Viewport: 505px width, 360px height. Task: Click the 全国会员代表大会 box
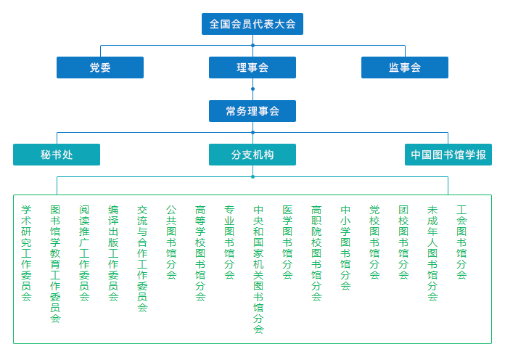tap(252, 24)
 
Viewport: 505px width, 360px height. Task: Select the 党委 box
tap(100, 67)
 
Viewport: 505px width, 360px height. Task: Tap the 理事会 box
tap(252, 67)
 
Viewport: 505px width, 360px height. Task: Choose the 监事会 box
tap(405, 67)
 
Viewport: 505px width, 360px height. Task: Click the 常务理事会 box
tap(252, 111)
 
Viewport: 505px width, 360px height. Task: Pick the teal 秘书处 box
tap(57, 155)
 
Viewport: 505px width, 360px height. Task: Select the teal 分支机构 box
tap(252, 155)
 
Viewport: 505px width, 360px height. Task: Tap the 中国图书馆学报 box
tap(448, 155)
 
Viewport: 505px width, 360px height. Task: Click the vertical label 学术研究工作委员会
tap(26, 253)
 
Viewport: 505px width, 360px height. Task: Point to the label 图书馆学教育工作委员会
tap(55, 264)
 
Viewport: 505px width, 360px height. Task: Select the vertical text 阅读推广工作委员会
tap(84, 253)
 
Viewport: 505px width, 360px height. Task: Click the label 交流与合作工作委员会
tap(142, 259)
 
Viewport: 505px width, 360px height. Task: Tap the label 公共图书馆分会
tap(171, 242)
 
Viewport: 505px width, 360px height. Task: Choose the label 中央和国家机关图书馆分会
tap(258, 269)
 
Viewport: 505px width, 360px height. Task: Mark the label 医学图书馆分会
tap(287, 242)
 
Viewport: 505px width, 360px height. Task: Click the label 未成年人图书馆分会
tap(432, 253)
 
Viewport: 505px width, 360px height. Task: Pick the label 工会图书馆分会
tap(461, 242)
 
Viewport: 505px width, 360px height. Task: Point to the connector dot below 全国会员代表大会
tap(252, 46)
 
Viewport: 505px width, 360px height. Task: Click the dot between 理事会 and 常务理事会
tap(252, 89)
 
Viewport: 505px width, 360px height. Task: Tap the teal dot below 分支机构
tap(252, 176)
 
